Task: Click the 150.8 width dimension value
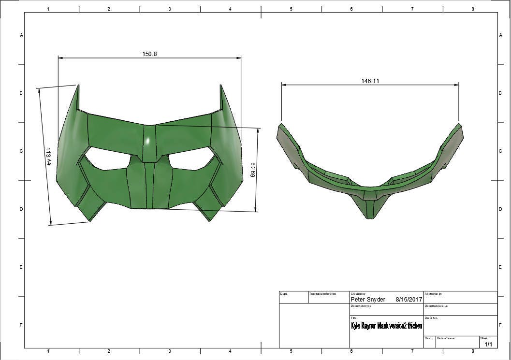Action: click(149, 54)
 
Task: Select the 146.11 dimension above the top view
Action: click(370, 81)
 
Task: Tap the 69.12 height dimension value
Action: click(253, 170)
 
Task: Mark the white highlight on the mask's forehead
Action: click(148, 140)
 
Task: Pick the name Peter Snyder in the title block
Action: click(368, 300)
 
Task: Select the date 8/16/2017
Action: click(409, 300)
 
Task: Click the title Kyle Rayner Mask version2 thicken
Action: click(386, 326)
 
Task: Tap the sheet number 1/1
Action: click(488, 344)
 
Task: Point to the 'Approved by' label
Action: click(433, 294)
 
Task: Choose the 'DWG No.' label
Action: click(431, 318)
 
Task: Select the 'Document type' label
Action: click(361, 306)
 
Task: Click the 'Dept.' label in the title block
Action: click(284, 294)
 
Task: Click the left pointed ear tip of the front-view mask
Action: click(77, 86)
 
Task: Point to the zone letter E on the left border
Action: click(21, 267)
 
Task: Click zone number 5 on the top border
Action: click(291, 9)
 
